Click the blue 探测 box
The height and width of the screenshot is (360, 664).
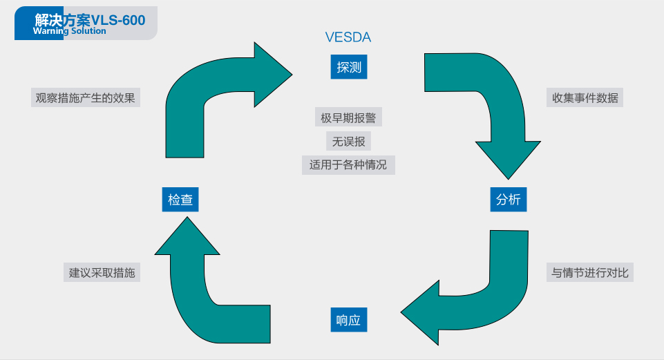tap(349, 67)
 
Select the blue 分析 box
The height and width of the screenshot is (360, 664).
tap(509, 200)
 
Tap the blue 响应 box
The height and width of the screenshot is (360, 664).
tap(348, 321)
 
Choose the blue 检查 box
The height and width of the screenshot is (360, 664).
tap(180, 200)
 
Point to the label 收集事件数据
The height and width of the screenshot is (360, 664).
tap(585, 97)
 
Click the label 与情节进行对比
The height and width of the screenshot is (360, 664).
tap(589, 272)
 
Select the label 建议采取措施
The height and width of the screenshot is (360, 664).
tap(102, 272)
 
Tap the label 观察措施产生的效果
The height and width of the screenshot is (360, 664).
tap(86, 97)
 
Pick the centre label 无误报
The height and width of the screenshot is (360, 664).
tap(348, 142)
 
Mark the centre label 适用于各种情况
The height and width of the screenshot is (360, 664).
tap(348, 165)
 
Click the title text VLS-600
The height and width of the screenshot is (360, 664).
tap(118, 20)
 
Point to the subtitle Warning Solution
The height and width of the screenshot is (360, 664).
tap(69, 30)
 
